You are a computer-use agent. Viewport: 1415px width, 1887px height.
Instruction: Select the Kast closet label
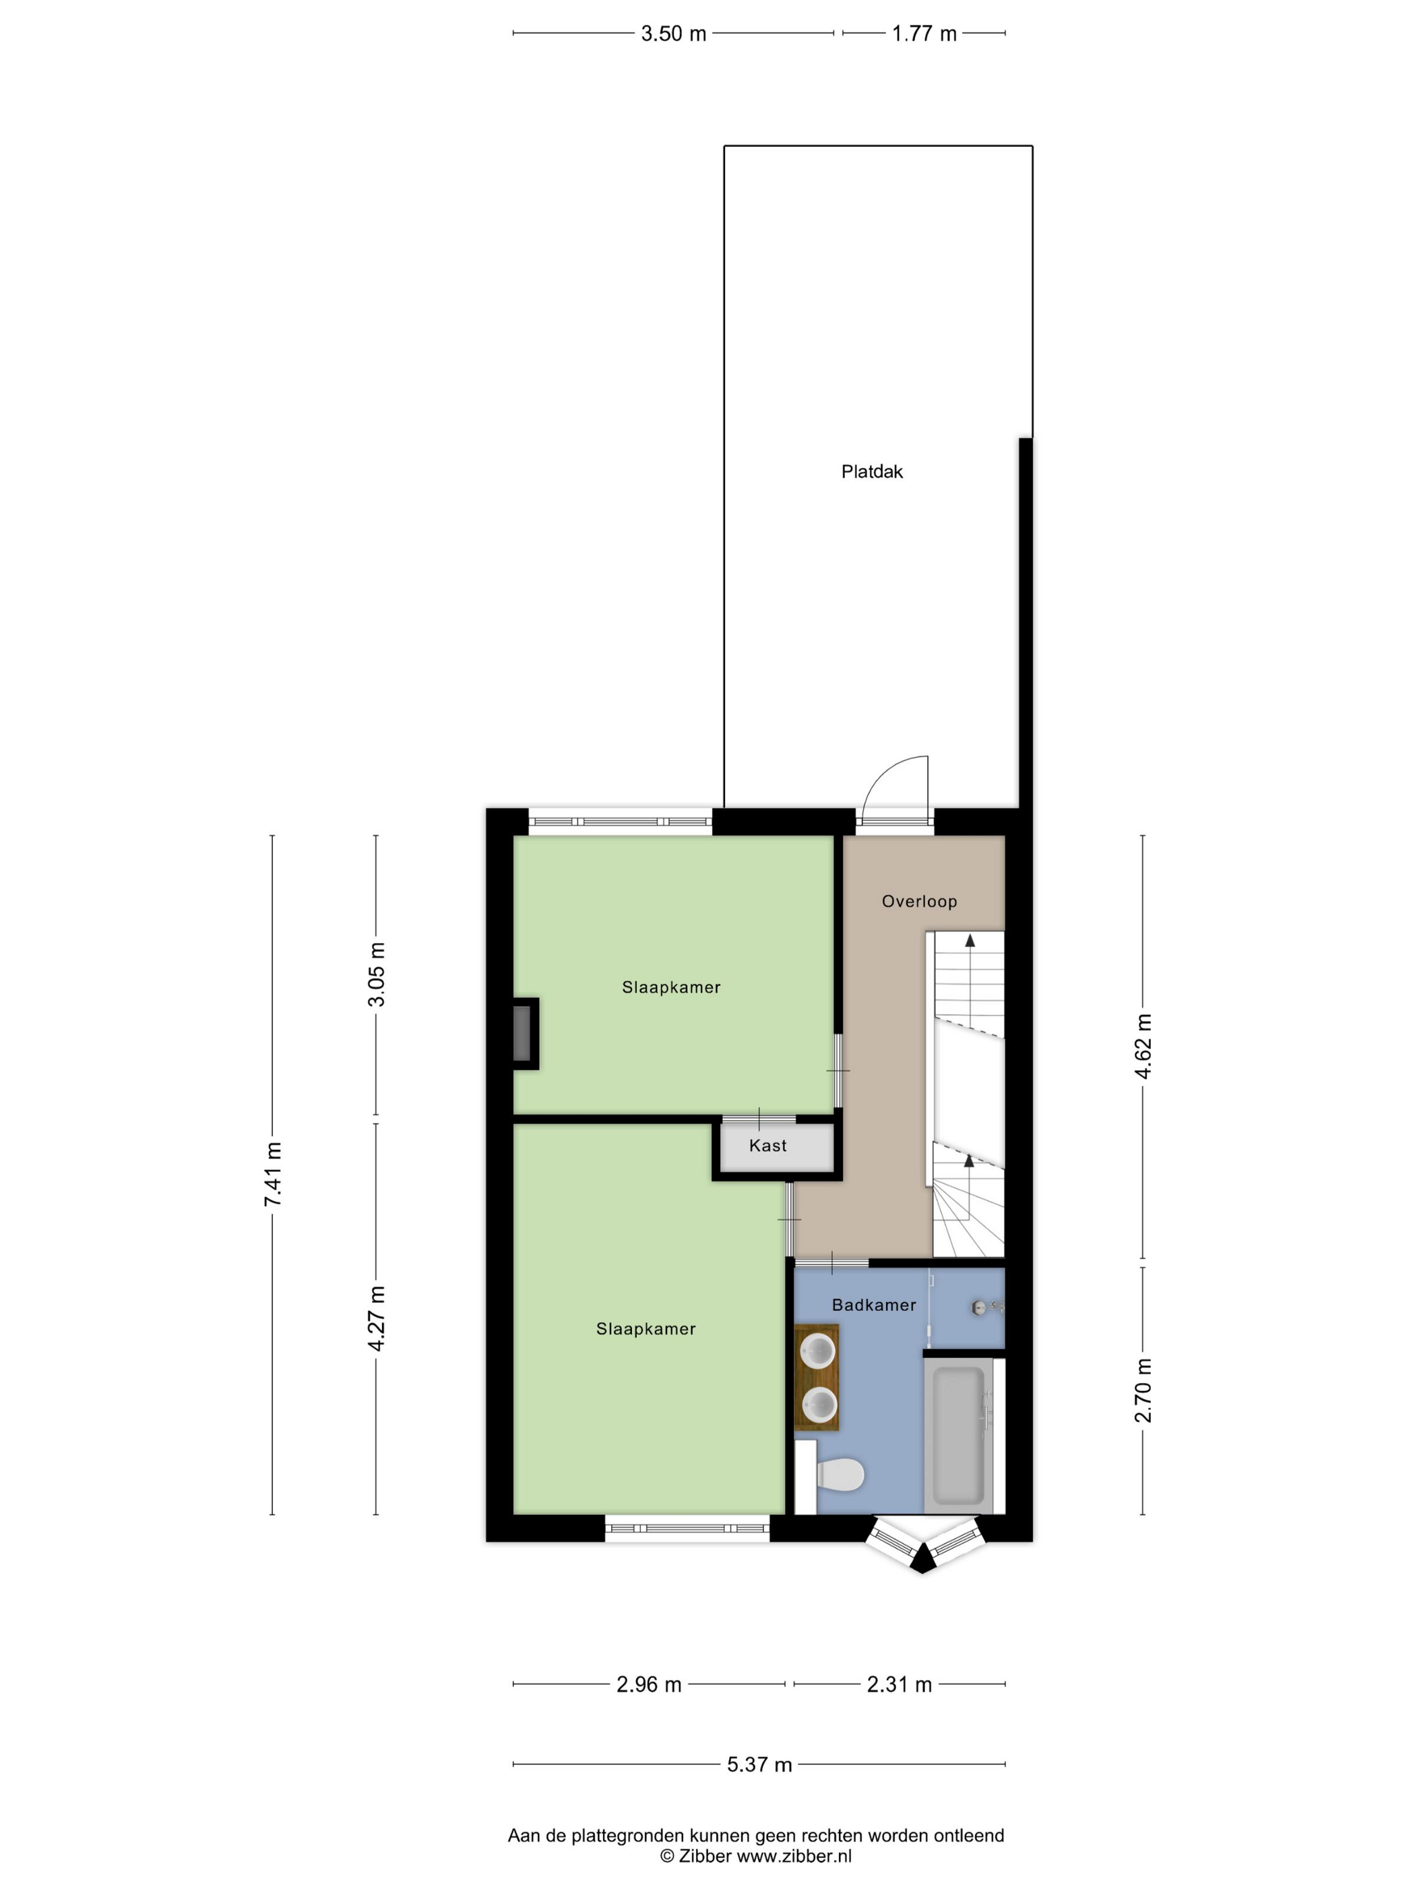(x=767, y=1145)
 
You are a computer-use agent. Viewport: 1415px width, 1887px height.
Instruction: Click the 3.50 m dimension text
(x=674, y=33)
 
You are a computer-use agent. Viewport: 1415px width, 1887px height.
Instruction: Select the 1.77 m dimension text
(x=924, y=33)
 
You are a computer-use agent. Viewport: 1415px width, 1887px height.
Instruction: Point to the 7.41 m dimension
(x=273, y=1174)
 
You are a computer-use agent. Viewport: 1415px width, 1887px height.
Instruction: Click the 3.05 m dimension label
(x=376, y=975)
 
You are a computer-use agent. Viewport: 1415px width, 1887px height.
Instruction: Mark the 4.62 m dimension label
(x=1143, y=1046)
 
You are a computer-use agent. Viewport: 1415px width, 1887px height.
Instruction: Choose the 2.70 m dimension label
(x=1143, y=1390)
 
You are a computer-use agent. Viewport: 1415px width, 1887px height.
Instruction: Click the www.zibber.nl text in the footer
(x=794, y=1855)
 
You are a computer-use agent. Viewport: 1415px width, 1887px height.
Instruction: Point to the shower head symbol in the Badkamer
(x=985, y=1307)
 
